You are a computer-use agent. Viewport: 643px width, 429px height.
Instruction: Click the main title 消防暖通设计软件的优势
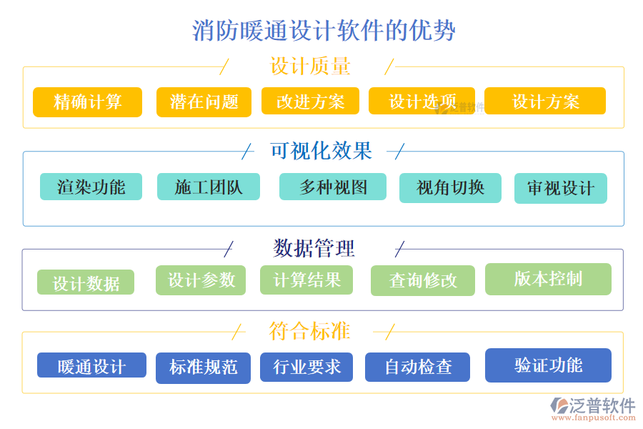[x=324, y=31]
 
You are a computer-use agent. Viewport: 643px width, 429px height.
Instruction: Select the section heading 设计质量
[x=310, y=66]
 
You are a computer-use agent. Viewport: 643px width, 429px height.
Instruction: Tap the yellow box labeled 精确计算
[x=87, y=102]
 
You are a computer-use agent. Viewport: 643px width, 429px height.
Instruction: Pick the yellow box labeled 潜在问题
[x=204, y=102]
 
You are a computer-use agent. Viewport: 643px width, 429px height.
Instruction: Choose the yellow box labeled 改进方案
[x=310, y=102]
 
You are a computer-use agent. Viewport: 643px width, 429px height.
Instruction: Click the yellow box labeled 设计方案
[x=545, y=101]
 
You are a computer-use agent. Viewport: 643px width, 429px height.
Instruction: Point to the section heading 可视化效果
[x=321, y=151]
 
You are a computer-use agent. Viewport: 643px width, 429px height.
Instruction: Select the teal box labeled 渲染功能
[x=91, y=187]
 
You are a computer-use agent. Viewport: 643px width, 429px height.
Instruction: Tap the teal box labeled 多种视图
[x=333, y=187]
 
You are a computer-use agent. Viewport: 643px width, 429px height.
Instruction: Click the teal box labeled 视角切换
[x=450, y=187]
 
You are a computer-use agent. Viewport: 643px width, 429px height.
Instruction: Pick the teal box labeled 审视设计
[x=560, y=188]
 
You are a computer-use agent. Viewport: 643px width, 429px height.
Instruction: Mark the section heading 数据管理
[x=314, y=248]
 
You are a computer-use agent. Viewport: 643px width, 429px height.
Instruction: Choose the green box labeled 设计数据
[x=86, y=282]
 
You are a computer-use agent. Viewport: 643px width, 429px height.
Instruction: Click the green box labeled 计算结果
[x=306, y=280]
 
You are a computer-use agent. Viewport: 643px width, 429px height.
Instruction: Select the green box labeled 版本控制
[x=548, y=279]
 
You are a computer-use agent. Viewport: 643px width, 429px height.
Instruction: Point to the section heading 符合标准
[x=309, y=331]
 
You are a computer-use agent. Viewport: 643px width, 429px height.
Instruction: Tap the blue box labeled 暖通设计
[x=91, y=365]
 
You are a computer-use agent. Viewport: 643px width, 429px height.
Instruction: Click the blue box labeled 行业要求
[x=306, y=367]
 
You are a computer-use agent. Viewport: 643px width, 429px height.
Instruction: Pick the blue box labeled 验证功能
[x=548, y=365]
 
